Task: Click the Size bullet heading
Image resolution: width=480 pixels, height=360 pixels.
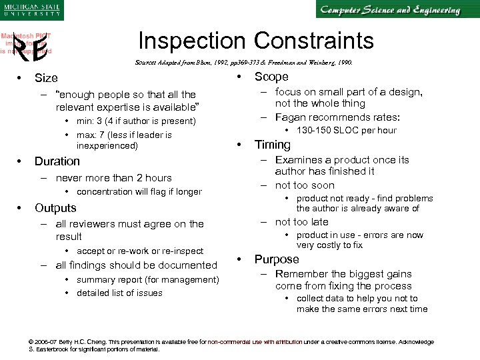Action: click(x=46, y=78)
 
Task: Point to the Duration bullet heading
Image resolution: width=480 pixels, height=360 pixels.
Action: click(x=57, y=161)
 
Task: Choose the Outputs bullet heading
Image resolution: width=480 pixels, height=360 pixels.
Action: click(x=55, y=208)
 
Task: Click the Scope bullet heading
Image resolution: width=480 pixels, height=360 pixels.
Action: click(x=271, y=77)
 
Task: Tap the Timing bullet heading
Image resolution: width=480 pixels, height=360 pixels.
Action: click(x=273, y=145)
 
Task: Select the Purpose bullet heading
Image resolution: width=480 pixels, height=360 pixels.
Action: click(x=277, y=259)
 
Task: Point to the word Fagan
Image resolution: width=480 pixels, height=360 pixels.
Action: click(x=292, y=117)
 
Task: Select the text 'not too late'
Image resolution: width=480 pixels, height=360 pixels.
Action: click(x=301, y=222)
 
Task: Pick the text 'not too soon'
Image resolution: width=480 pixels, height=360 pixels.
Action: click(x=305, y=185)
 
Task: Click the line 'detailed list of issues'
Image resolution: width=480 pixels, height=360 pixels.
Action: click(x=119, y=293)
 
